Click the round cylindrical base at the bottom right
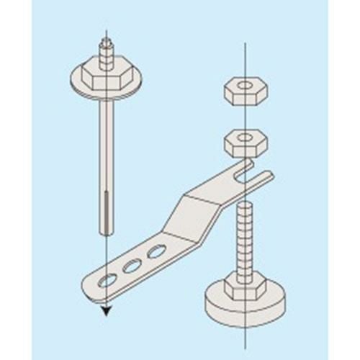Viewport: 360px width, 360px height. click(x=245, y=306)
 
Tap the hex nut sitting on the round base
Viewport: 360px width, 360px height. click(x=245, y=286)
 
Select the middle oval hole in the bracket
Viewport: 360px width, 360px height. click(x=132, y=266)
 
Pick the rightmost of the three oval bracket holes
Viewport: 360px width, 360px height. click(x=156, y=251)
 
